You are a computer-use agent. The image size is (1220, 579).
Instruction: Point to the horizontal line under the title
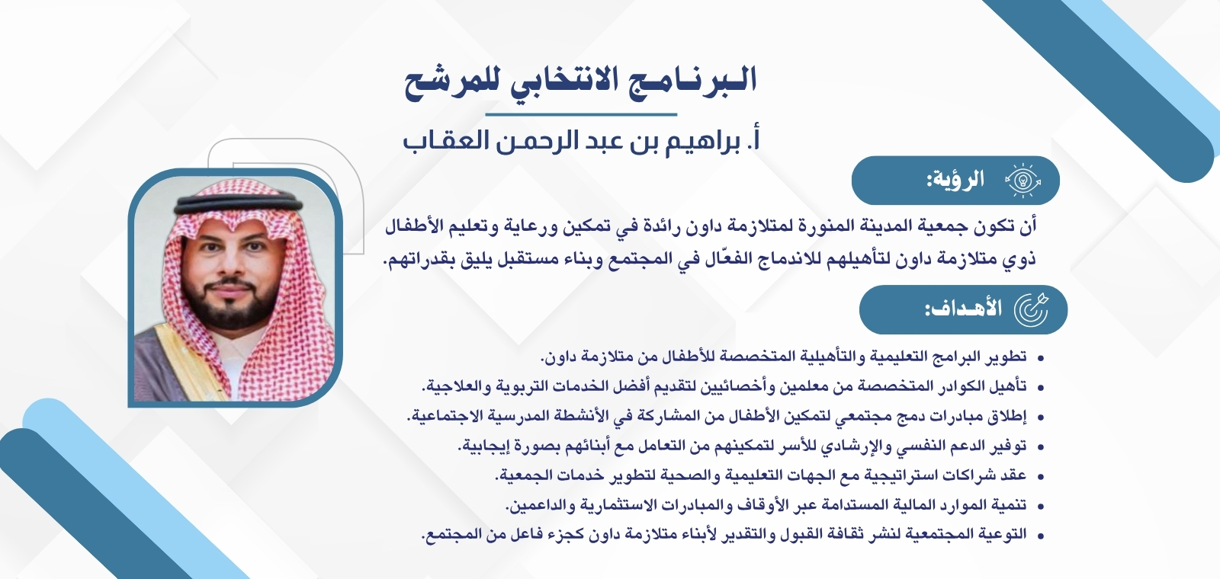(x=581, y=115)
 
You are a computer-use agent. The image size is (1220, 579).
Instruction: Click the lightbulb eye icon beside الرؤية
(x=1023, y=181)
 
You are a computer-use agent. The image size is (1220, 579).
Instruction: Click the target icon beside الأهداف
(x=1031, y=309)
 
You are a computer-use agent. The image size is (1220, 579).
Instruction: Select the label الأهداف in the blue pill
(x=963, y=309)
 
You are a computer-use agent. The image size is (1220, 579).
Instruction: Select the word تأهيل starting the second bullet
(x=1007, y=386)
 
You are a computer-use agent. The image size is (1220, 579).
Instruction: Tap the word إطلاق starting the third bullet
(x=1007, y=417)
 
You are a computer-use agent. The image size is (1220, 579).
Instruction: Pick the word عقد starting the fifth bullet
(x=1013, y=475)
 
